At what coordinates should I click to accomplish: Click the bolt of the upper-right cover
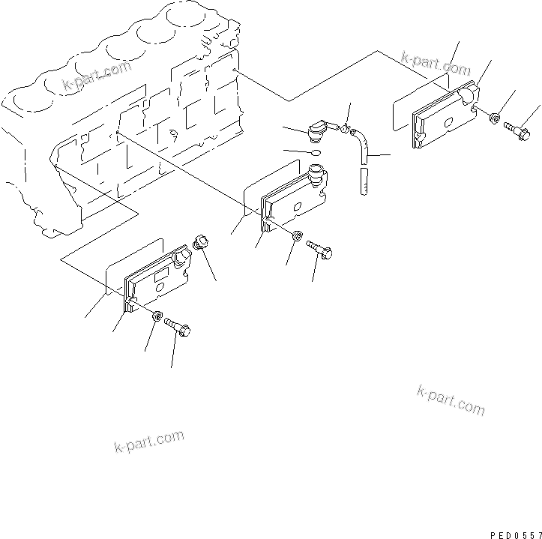pyautogui.click(x=517, y=130)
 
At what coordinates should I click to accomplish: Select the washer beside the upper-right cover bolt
pyautogui.click(x=496, y=118)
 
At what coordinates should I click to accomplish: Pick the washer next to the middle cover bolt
pyautogui.click(x=298, y=237)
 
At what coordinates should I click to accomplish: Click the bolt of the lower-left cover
pyautogui.click(x=178, y=328)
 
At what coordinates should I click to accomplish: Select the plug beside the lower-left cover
pyautogui.click(x=201, y=243)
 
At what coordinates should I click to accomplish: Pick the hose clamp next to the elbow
pyautogui.click(x=345, y=130)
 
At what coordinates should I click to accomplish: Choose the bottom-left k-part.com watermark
pyautogui.click(x=149, y=442)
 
